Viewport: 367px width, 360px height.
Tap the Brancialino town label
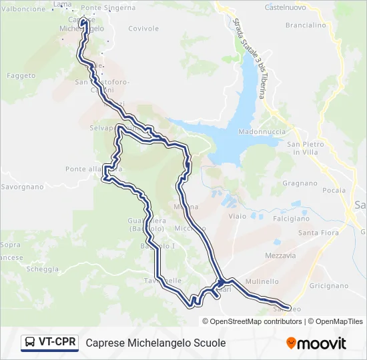[x=305, y=25]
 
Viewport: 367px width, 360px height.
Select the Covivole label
[x=143, y=29]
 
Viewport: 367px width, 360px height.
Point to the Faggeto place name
[x=21, y=76]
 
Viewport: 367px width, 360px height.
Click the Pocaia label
[x=334, y=190]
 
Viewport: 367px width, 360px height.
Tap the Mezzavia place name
[x=280, y=255]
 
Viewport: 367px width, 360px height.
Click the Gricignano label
[x=329, y=285]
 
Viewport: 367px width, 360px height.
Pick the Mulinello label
[x=261, y=282]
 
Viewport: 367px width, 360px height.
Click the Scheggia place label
[x=42, y=269]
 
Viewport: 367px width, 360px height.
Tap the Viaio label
[x=237, y=217]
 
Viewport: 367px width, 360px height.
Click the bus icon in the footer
[x=30, y=343]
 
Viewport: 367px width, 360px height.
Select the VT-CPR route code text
[x=57, y=343]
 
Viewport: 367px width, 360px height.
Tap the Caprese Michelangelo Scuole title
[x=155, y=343]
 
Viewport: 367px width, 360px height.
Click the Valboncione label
[x=24, y=9]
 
